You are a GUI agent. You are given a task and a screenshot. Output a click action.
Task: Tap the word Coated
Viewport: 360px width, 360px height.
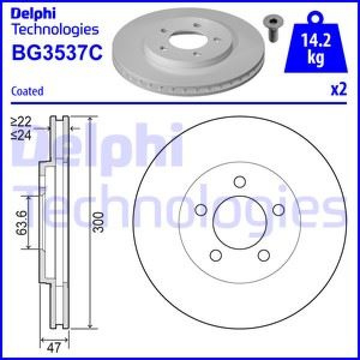[28, 91]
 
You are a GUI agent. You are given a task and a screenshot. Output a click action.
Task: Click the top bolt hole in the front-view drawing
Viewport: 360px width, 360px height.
[239, 183]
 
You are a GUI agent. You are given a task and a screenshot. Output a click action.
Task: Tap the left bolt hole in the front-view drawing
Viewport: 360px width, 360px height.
[201, 210]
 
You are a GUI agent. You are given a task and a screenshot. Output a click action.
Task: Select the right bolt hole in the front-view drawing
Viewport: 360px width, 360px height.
[278, 210]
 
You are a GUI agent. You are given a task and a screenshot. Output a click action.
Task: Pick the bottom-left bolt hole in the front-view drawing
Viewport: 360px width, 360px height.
[215, 256]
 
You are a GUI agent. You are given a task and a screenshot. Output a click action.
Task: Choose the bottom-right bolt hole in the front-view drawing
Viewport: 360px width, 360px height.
[263, 256]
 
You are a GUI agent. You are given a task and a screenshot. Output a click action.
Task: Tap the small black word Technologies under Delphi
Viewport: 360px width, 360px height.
[55, 29]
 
